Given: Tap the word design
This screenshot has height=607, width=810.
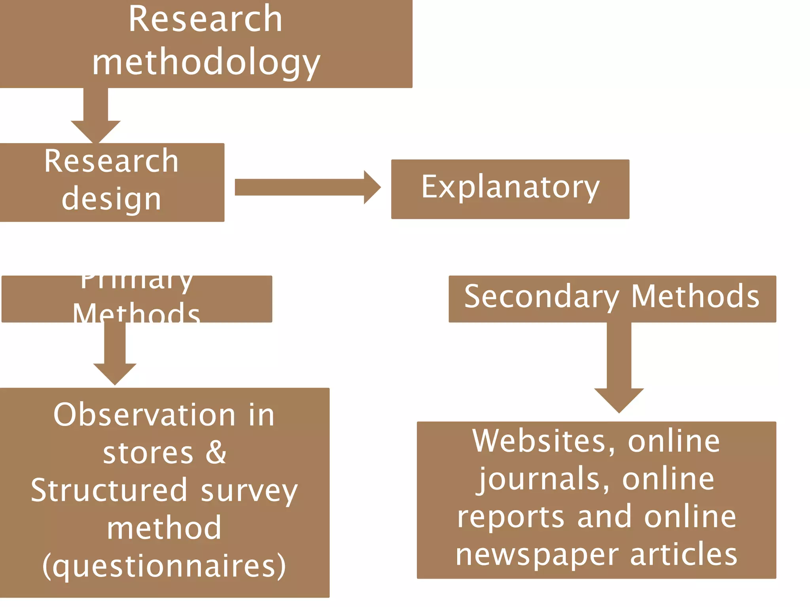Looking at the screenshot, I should [112, 199].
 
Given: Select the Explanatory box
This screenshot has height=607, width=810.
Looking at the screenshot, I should [510, 189].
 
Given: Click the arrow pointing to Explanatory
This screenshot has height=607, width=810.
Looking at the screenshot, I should [308, 187].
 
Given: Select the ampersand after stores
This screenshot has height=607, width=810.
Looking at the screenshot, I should [216, 452].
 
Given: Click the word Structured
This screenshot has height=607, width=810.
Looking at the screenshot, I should [109, 490].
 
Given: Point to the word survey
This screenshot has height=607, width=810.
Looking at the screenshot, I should [249, 491].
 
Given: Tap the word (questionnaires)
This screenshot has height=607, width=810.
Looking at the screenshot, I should [164, 566].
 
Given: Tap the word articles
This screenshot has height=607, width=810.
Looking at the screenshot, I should [683, 554].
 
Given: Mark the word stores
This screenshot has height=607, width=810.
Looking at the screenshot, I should [148, 453].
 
